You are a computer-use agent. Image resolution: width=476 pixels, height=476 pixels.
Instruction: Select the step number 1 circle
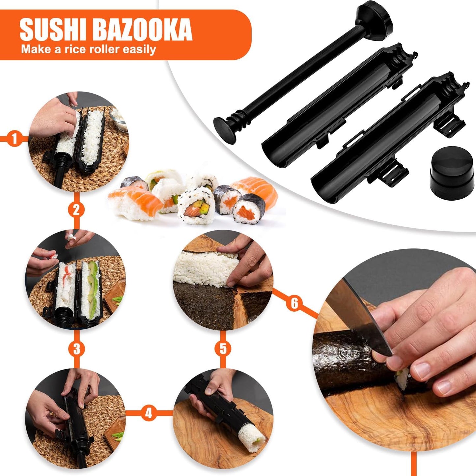tap(14, 139)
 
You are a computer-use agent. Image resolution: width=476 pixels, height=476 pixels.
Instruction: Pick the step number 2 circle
tap(76, 210)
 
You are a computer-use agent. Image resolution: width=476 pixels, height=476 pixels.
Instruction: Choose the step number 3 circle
tap(76, 349)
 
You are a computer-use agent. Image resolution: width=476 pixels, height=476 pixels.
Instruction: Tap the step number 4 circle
tap(149, 413)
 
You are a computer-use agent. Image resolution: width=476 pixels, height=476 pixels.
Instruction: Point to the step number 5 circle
tap(223, 349)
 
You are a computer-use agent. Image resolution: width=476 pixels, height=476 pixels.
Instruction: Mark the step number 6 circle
tap(294, 303)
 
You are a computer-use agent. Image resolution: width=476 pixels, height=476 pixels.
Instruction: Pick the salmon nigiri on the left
tap(135, 201)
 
